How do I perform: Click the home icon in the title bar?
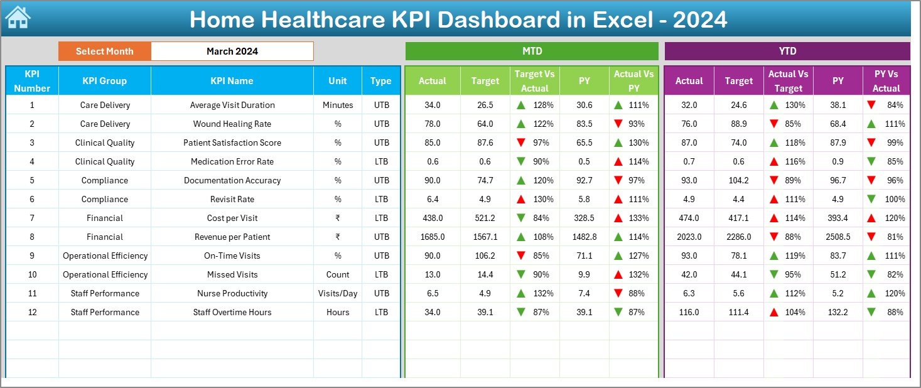click(18, 18)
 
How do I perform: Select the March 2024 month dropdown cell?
click(232, 51)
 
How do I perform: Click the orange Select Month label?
click(105, 51)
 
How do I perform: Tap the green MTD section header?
click(532, 51)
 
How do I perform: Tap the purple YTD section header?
click(787, 51)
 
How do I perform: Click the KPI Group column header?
click(105, 81)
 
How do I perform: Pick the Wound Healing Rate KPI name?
click(232, 124)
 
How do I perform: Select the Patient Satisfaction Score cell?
click(232, 143)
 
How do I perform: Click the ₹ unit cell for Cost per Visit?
click(338, 218)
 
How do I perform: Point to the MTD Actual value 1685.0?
click(433, 237)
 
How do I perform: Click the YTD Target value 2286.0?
click(738, 237)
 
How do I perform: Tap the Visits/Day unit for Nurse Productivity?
click(338, 293)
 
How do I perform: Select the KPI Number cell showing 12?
click(32, 312)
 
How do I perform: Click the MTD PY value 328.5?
click(584, 218)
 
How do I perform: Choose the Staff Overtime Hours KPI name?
click(232, 312)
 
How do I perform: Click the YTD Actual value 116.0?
click(689, 312)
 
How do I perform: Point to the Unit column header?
click(338, 81)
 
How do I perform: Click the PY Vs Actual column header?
click(886, 81)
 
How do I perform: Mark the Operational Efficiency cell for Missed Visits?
click(105, 274)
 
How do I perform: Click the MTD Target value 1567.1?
click(485, 237)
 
